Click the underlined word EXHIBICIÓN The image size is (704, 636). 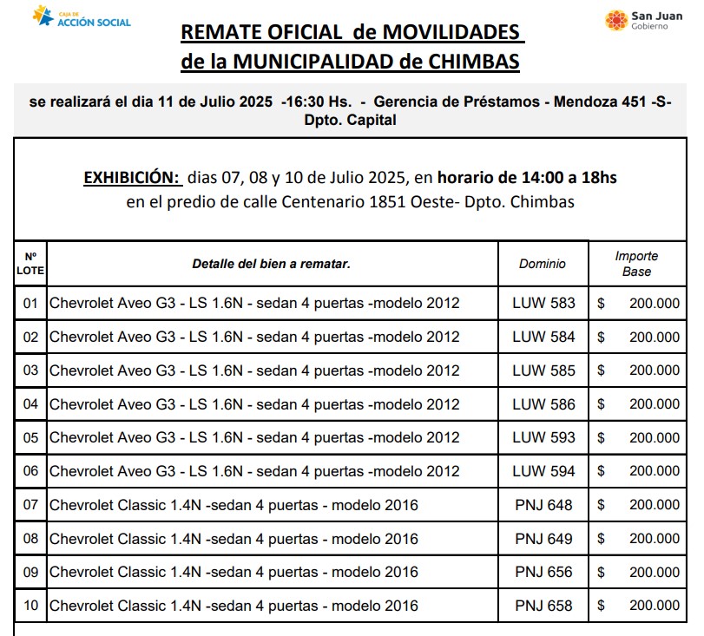(x=132, y=178)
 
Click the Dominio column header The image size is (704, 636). (x=543, y=264)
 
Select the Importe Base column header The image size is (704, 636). (x=636, y=264)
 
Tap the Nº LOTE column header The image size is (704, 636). (x=30, y=264)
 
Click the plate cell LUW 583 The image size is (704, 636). (x=543, y=304)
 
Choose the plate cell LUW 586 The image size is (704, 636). (x=543, y=404)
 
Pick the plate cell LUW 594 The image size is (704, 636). (x=543, y=471)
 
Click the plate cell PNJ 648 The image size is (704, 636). (x=543, y=505)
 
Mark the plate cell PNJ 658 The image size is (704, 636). (x=543, y=606)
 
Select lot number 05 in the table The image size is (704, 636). (x=30, y=438)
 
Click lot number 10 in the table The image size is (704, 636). (x=30, y=606)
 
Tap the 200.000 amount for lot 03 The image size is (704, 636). (x=655, y=370)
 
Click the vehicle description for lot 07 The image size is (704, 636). (x=234, y=505)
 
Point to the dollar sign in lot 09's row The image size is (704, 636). (x=601, y=573)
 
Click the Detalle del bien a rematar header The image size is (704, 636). (x=271, y=264)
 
